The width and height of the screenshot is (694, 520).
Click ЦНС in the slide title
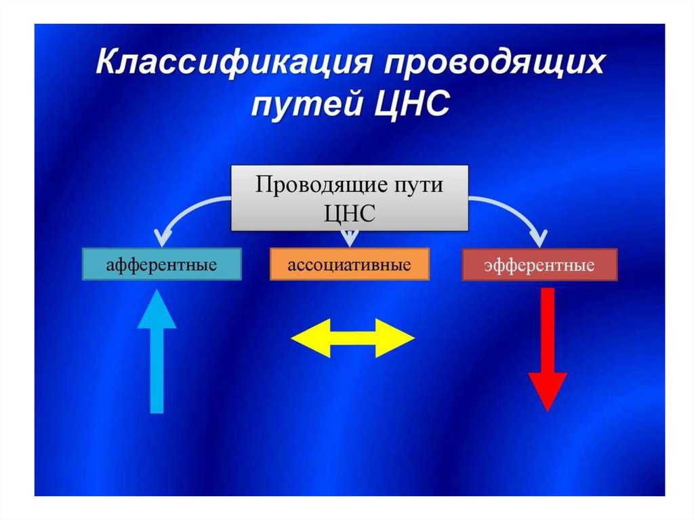point(413,105)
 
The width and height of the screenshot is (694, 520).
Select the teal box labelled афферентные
point(162,264)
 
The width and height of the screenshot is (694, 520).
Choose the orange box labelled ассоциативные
point(349,264)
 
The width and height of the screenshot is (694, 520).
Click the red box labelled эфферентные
point(539,265)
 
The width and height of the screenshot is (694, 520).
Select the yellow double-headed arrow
point(352,337)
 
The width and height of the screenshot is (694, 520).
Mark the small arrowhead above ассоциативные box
point(349,239)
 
